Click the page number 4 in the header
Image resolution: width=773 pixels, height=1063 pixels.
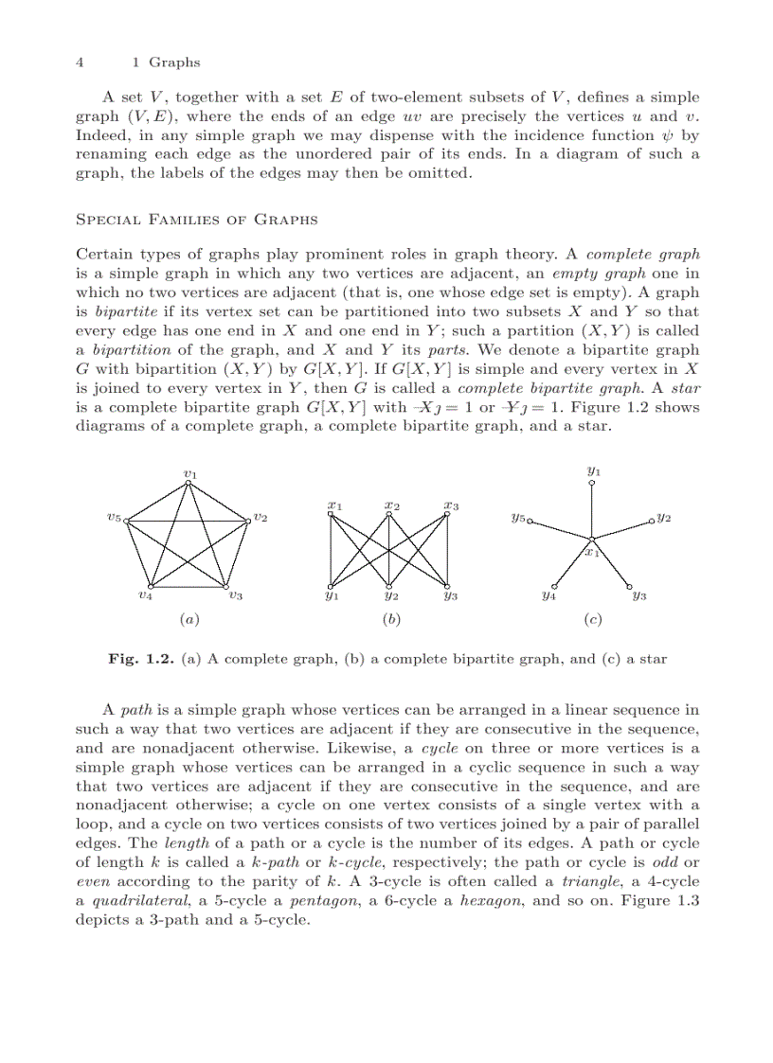pos(80,62)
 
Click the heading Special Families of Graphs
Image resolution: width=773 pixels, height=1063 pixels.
pos(195,220)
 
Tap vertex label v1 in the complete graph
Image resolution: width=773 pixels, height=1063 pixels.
pos(189,472)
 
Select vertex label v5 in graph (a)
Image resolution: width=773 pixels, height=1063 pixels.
pos(114,518)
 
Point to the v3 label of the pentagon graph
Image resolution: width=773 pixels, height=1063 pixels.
pos(236,595)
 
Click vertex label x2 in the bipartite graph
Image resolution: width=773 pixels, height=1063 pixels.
pos(391,505)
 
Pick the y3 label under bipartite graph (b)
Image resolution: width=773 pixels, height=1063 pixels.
pos(451,596)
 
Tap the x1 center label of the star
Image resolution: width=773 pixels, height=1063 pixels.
pos(593,551)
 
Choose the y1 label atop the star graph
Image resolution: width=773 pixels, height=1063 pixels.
pos(594,469)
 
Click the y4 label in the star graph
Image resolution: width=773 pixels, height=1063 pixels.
pos(548,596)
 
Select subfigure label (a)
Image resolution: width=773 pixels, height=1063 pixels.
pos(189,620)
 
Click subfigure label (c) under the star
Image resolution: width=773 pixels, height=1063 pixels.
pos(593,620)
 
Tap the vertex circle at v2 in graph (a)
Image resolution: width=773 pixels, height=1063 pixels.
pos(249,519)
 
